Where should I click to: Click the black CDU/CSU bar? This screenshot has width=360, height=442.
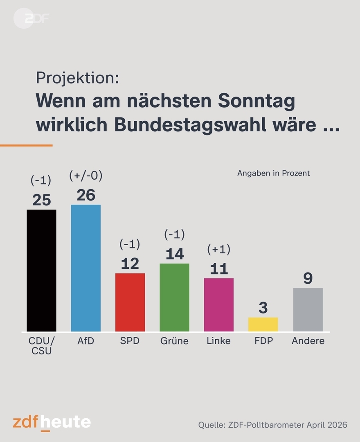pyautogui.click(x=41, y=270)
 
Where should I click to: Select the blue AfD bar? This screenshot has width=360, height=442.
pyautogui.click(x=86, y=268)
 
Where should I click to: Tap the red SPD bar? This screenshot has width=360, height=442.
pyautogui.click(x=130, y=302)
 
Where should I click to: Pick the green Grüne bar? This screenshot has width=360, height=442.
pyautogui.click(x=174, y=297)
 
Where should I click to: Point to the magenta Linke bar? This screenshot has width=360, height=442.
pyautogui.click(x=219, y=304)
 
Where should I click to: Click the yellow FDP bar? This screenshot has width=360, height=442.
pyautogui.click(x=263, y=324)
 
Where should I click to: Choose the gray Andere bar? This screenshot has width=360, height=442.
pyautogui.click(x=308, y=309)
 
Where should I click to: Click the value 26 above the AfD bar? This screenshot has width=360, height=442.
pyautogui.click(x=86, y=195)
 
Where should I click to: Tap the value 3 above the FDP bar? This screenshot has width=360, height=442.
pyautogui.click(x=263, y=308)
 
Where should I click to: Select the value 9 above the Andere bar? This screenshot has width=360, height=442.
pyautogui.click(x=308, y=279)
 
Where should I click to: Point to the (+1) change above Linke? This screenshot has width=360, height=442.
pyautogui.click(x=219, y=249)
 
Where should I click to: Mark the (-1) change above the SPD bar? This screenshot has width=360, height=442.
pyautogui.click(x=130, y=244)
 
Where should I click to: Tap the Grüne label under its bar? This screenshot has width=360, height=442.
pyautogui.click(x=174, y=341)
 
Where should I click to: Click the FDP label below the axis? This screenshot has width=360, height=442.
pyautogui.click(x=263, y=341)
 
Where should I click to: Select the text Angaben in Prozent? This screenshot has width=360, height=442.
pyautogui.click(x=273, y=173)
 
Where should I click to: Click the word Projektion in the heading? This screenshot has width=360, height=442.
pyautogui.click(x=77, y=78)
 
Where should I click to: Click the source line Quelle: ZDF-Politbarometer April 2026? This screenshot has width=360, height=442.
pyautogui.click(x=272, y=425)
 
